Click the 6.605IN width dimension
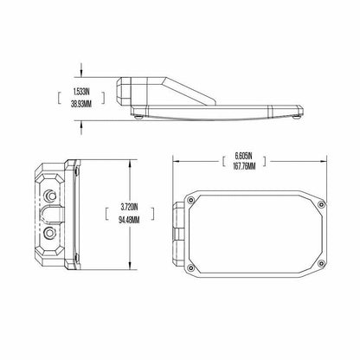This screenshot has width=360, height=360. coord(243,156)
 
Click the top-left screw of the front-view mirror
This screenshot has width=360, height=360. coord(198,204)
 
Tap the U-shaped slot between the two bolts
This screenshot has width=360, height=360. coord(50,214)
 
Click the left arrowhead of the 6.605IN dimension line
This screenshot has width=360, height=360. coord(177,162)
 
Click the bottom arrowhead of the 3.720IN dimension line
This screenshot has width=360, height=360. coord(131,268)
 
